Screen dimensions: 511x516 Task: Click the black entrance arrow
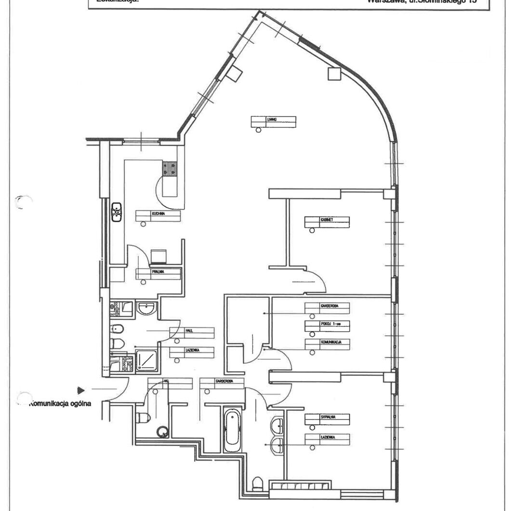point(81,389)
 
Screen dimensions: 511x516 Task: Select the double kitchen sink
point(117,212)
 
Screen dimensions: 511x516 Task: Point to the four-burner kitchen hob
point(170,168)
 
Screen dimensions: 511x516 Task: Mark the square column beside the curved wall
point(333,73)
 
